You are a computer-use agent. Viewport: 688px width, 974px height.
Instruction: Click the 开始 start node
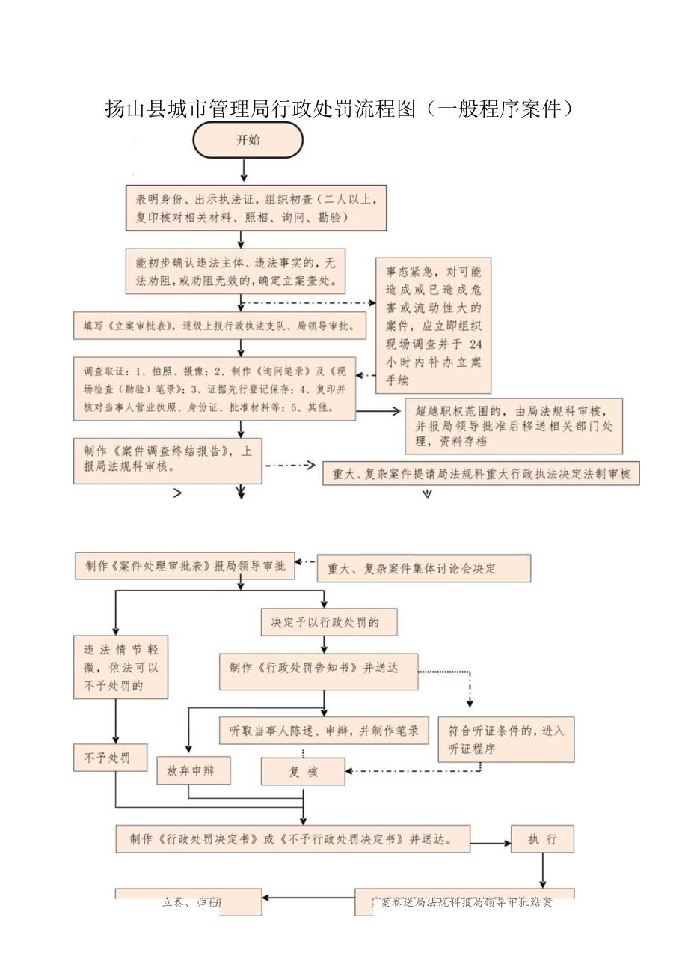[x=248, y=141]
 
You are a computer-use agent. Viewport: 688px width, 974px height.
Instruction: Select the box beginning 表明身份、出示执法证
[x=257, y=208]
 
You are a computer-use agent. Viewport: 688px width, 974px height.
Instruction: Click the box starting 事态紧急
[x=434, y=324]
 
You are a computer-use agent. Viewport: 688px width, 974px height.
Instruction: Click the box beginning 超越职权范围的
[x=514, y=424]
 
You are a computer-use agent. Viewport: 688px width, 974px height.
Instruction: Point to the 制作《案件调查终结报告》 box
[x=168, y=460]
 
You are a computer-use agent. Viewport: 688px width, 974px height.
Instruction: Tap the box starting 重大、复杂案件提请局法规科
[x=481, y=474]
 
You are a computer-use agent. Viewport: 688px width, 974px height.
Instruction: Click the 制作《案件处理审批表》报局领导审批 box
[x=185, y=567]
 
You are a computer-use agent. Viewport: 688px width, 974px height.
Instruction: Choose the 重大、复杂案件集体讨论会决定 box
[x=424, y=568]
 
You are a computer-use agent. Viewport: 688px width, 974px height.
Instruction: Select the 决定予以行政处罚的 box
[x=319, y=622]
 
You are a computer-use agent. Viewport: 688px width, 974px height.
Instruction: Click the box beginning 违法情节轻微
[x=120, y=667]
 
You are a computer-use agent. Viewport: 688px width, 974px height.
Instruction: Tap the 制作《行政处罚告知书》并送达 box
[x=319, y=670]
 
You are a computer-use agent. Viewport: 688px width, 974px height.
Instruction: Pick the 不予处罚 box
[x=110, y=758]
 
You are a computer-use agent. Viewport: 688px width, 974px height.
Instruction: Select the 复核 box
[x=303, y=772]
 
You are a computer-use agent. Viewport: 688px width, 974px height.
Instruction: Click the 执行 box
[x=542, y=838]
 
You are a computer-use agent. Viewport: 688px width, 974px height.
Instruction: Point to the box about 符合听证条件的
[x=506, y=739]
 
